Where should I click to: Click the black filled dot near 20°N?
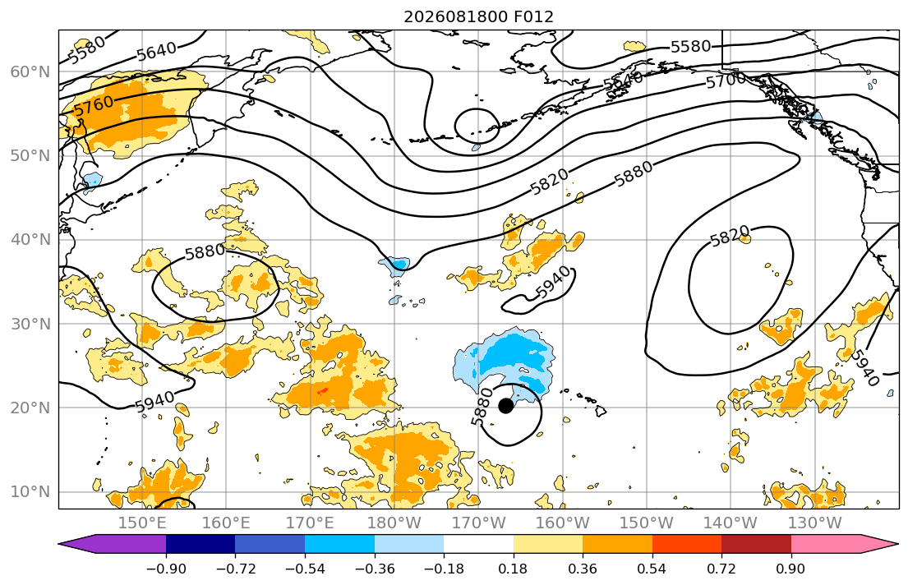pyautogui.click(x=505, y=405)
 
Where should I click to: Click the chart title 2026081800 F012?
pyautogui.click(x=478, y=16)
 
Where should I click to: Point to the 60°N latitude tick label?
pyautogui.click(x=30, y=71)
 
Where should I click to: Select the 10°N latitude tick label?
pyautogui.click(x=30, y=492)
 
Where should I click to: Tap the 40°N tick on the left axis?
pyautogui.click(x=30, y=239)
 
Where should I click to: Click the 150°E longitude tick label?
pyautogui.click(x=142, y=523)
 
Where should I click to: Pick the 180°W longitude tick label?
pyautogui.click(x=394, y=523)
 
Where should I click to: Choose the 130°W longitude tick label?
pyautogui.click(x=814, y=523)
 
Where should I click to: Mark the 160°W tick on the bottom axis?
pyautogui.click(x=562, y=523)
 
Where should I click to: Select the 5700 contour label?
pyautogui.click(x=726, y=80)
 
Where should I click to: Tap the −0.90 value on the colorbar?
pyautogui.click(x=166, y=569)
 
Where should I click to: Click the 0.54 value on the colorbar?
pyautogui.click(x=652, y=569)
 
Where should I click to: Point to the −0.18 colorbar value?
pyautogui.click(x=444, y=569)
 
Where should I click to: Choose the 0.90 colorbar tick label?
pyautogui.click(x=791, y=569)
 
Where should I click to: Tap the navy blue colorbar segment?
pyautogui.click(x=200, y=544)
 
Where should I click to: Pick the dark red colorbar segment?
pyautogui.click(x=756, y=544)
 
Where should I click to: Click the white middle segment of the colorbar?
pyautogui.click(x=478, y=544)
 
